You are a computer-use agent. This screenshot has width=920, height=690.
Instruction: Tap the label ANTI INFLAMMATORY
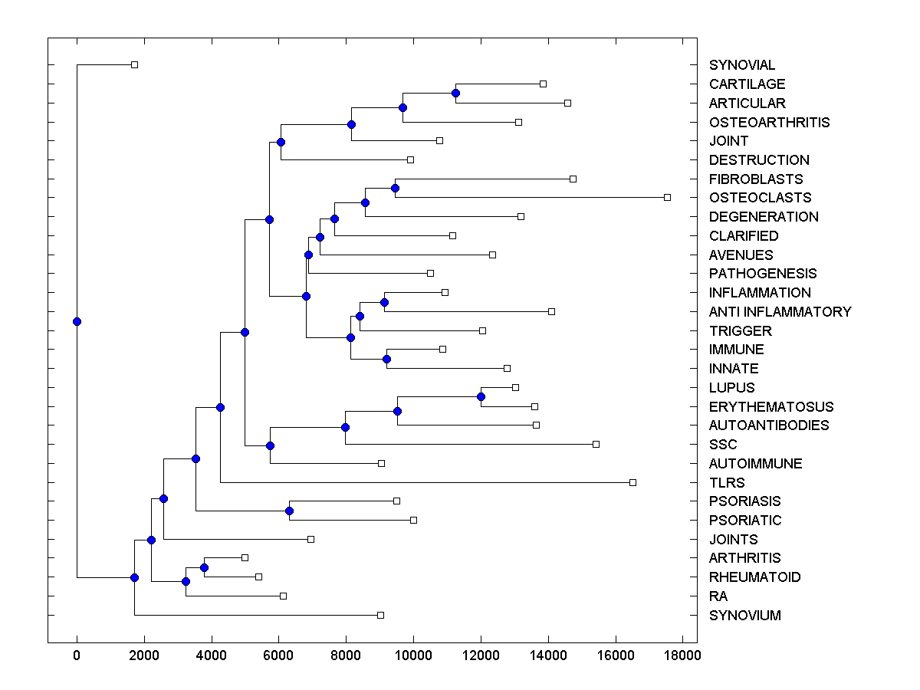pyautogui.click(x=780, y=311)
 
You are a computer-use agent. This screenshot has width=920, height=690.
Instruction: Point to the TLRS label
pyautogui.click(x=727, y=482)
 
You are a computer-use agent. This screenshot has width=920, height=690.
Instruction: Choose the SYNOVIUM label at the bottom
pyautogui.click(x=744, y=615)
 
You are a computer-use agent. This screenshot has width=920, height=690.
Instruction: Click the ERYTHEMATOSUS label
pyautogui.click(x=770, y=406)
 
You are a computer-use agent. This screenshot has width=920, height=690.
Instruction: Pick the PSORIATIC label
pyautogui.click(x=745, y=520)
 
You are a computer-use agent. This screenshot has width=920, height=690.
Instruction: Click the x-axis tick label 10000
pyautogui.click(x=413, y=655)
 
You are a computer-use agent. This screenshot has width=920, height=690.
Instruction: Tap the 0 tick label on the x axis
pyautogui.click(x=77, y=655)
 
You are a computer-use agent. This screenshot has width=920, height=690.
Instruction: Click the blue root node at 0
pyautogui.click(x=77, y=321)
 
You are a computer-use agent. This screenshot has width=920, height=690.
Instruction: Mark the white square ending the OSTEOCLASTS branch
pyautogui.click(x=667, y=197)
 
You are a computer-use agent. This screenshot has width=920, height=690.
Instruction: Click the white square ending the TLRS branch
pyautogui.click(x=632, y=482)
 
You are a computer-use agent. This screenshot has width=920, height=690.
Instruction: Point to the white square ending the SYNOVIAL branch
pyautogui.click(x=134, y=64)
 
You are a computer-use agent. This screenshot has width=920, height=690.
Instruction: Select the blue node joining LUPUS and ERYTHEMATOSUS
pyautogui.click(x=481, y=396)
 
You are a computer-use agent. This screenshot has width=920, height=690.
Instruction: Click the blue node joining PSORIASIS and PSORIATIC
pyautogui.click(x=289, y=511)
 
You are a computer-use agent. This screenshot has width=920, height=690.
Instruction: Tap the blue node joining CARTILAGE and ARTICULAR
pyautogui.click(x=455, y=93)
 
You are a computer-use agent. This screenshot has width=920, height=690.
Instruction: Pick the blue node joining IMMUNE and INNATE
pyautogui.click(x=386, y=359)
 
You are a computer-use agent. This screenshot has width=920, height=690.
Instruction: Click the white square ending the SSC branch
pyautogui.click(x=596, y=444)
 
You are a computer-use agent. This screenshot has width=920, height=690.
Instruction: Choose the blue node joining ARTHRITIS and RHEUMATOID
pyautogui.click(x=204, y=567)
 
